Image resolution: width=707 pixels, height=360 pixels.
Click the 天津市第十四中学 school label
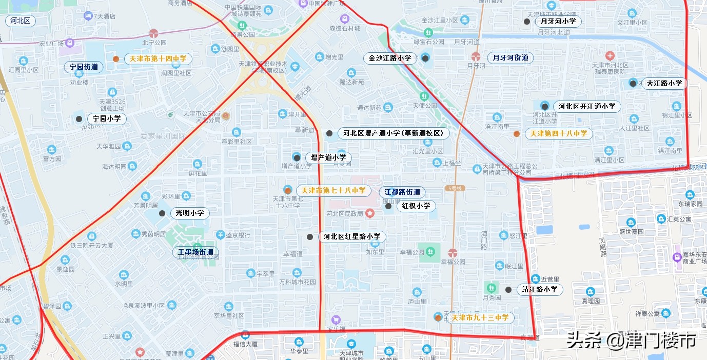(x=158, y=59)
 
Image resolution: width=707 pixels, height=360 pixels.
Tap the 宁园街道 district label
(x=84, y=67)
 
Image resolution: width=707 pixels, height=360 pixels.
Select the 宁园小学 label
(x=107, y=119)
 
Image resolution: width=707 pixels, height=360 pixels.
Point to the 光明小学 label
(x=189, y=213)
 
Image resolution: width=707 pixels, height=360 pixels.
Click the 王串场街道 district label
(x=195, y=252)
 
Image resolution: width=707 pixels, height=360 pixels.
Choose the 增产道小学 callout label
(x=328, y=158)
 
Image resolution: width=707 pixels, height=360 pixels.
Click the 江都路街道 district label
(x=402, y=192)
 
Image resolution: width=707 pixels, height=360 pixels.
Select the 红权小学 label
(x=416, y=206)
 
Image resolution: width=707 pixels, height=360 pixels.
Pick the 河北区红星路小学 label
(x=352, y=237)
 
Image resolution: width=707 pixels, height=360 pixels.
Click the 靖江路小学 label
(x=539, y=289)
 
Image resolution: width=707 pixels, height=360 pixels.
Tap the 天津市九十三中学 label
(x=480, y=318)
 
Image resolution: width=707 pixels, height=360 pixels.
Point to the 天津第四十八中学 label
(x=559, y=134)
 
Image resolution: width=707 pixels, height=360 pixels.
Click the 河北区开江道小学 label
(x=587, y=107)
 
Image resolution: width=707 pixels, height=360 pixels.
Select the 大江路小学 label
(x=664, y=83)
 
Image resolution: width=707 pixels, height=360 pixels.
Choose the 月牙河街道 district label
(x=510, y=58)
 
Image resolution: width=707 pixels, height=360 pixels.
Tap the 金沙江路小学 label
(x=390, y=58)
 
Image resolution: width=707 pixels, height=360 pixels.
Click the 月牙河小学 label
(x=558, y=22)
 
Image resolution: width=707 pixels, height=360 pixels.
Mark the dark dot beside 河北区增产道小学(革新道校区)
(x=329, y=133)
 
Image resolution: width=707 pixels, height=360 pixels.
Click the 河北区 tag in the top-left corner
(x=21, y=21)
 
